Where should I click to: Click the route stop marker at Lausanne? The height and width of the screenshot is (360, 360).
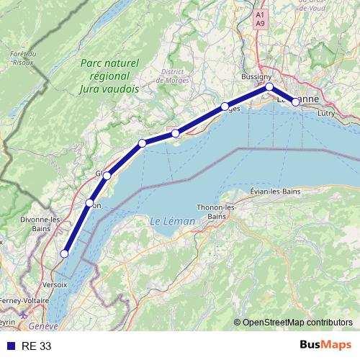(x=295, y=102)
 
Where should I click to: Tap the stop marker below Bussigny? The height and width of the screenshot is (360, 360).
(x=269, y=86)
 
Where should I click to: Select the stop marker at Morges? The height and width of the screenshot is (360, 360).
(x=224, y=107)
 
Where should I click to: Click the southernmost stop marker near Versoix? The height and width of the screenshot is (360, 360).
(x=64, y=253)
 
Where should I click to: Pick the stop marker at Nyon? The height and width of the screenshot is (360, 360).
(x=89, y=203)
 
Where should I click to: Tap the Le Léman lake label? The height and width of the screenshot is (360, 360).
(x=173, y=220)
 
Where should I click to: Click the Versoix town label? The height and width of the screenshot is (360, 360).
(x=55, y=284)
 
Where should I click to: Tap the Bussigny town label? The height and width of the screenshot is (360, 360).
(x=257, y=76)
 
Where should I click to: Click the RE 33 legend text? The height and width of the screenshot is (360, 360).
(x=36, y=346)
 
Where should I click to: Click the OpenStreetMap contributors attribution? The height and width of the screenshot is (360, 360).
(x=297, y=322)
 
